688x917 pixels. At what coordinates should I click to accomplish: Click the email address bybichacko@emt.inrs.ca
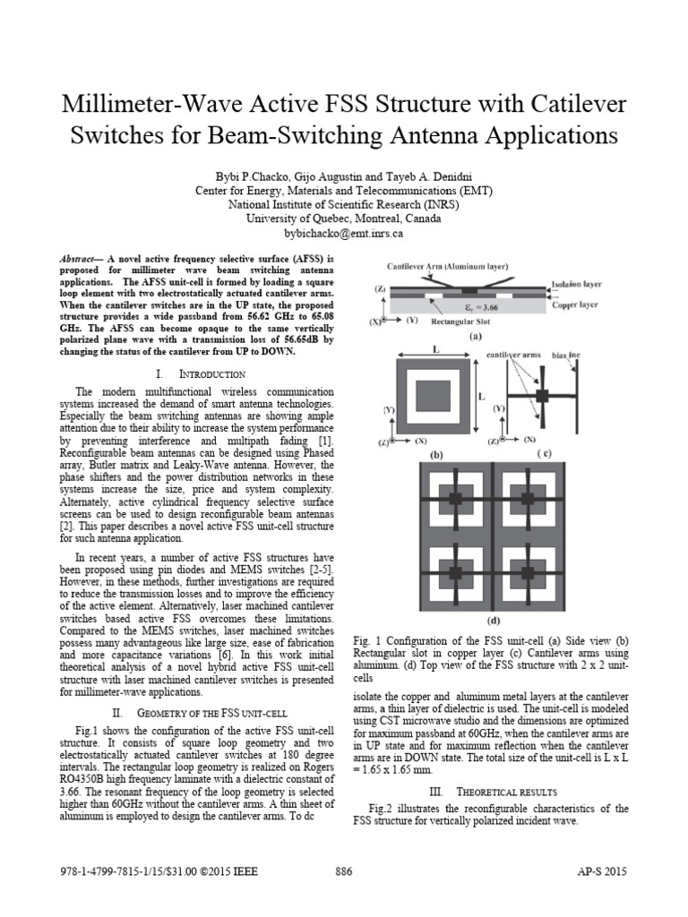(x=343, y=233)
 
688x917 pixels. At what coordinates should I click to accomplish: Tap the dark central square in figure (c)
(x=543, y=396)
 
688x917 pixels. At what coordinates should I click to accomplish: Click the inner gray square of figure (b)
(x=434, y=396)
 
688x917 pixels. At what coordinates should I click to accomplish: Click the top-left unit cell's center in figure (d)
(x=454, y=497)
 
